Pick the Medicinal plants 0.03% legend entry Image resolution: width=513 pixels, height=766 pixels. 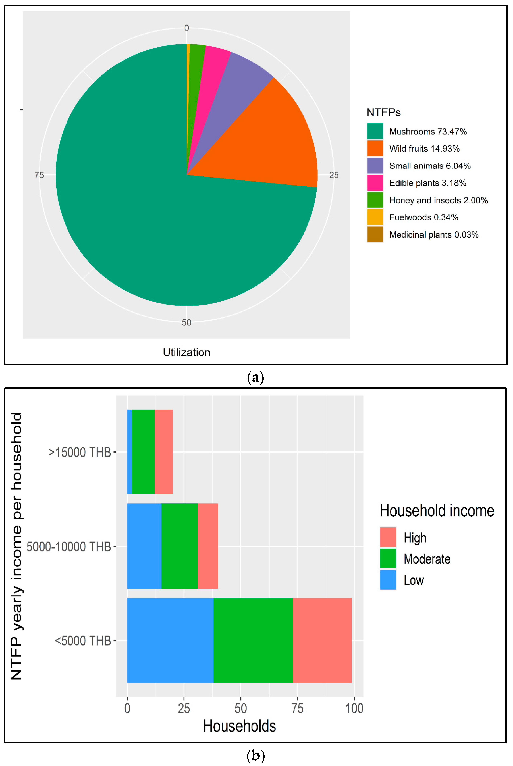click(433, 234)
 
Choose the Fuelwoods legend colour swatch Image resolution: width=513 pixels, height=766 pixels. click(375, 217)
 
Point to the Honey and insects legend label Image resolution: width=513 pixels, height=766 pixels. click(438, 200)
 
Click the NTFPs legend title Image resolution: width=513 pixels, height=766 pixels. click(383, 113)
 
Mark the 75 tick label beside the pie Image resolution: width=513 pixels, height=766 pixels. click(39, 175)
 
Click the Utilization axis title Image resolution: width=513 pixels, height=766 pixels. click(186, 353)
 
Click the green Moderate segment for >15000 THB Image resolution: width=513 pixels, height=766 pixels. click(143, 452)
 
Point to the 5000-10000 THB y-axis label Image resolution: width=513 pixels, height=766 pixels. click(69, 547)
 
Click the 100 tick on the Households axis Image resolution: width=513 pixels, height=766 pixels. click(354, 708)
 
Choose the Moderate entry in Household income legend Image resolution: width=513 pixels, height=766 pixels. click(427, 559)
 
